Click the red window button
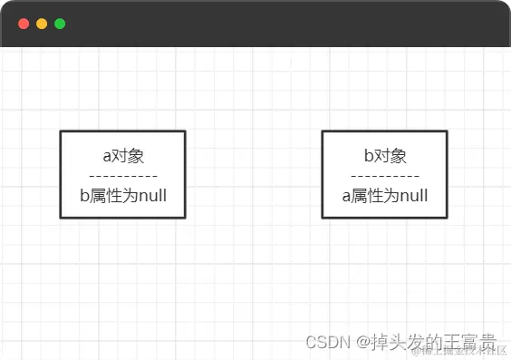click(x=24, y=24)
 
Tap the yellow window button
click(x=42, y=24)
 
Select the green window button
click(x=60, y=24)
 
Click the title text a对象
click(x=123, y=155)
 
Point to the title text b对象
click(x=385, y=155)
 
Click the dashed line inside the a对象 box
click(x=123, y=175)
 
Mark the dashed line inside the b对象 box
click(x=385, y=175)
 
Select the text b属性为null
click(x=123, y=195)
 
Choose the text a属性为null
click(x=385, y=195)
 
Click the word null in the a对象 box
click(x=151, y=195)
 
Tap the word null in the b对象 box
click(x=413, y=195)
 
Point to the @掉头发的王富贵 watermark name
click(x=426, y=342)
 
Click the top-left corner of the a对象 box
click(x=61, y=131)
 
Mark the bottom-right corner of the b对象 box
click(x=447, y=218)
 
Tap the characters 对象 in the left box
click(x=128, y=155)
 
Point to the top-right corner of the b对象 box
click(x=447, y=131)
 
